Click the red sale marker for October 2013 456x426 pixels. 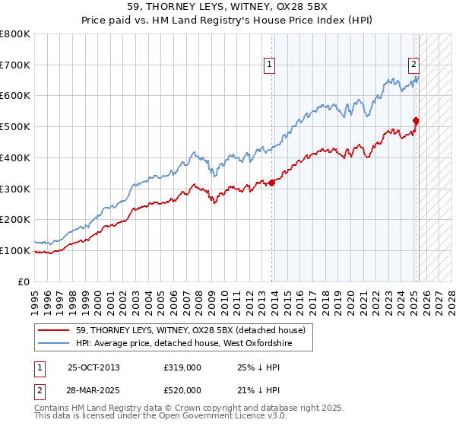tap(271, 183)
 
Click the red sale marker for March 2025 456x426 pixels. tap(416, 120)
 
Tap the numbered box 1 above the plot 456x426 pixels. tap(271, 65)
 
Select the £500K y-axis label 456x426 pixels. tap(16, 127)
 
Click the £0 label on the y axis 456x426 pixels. tap(24, 281)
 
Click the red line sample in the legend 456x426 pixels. tap(54, 330)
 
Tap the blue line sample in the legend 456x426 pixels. tap(54, 344)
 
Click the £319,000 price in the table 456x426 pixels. tap(182, 367)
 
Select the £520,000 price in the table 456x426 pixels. tap(182, 389)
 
